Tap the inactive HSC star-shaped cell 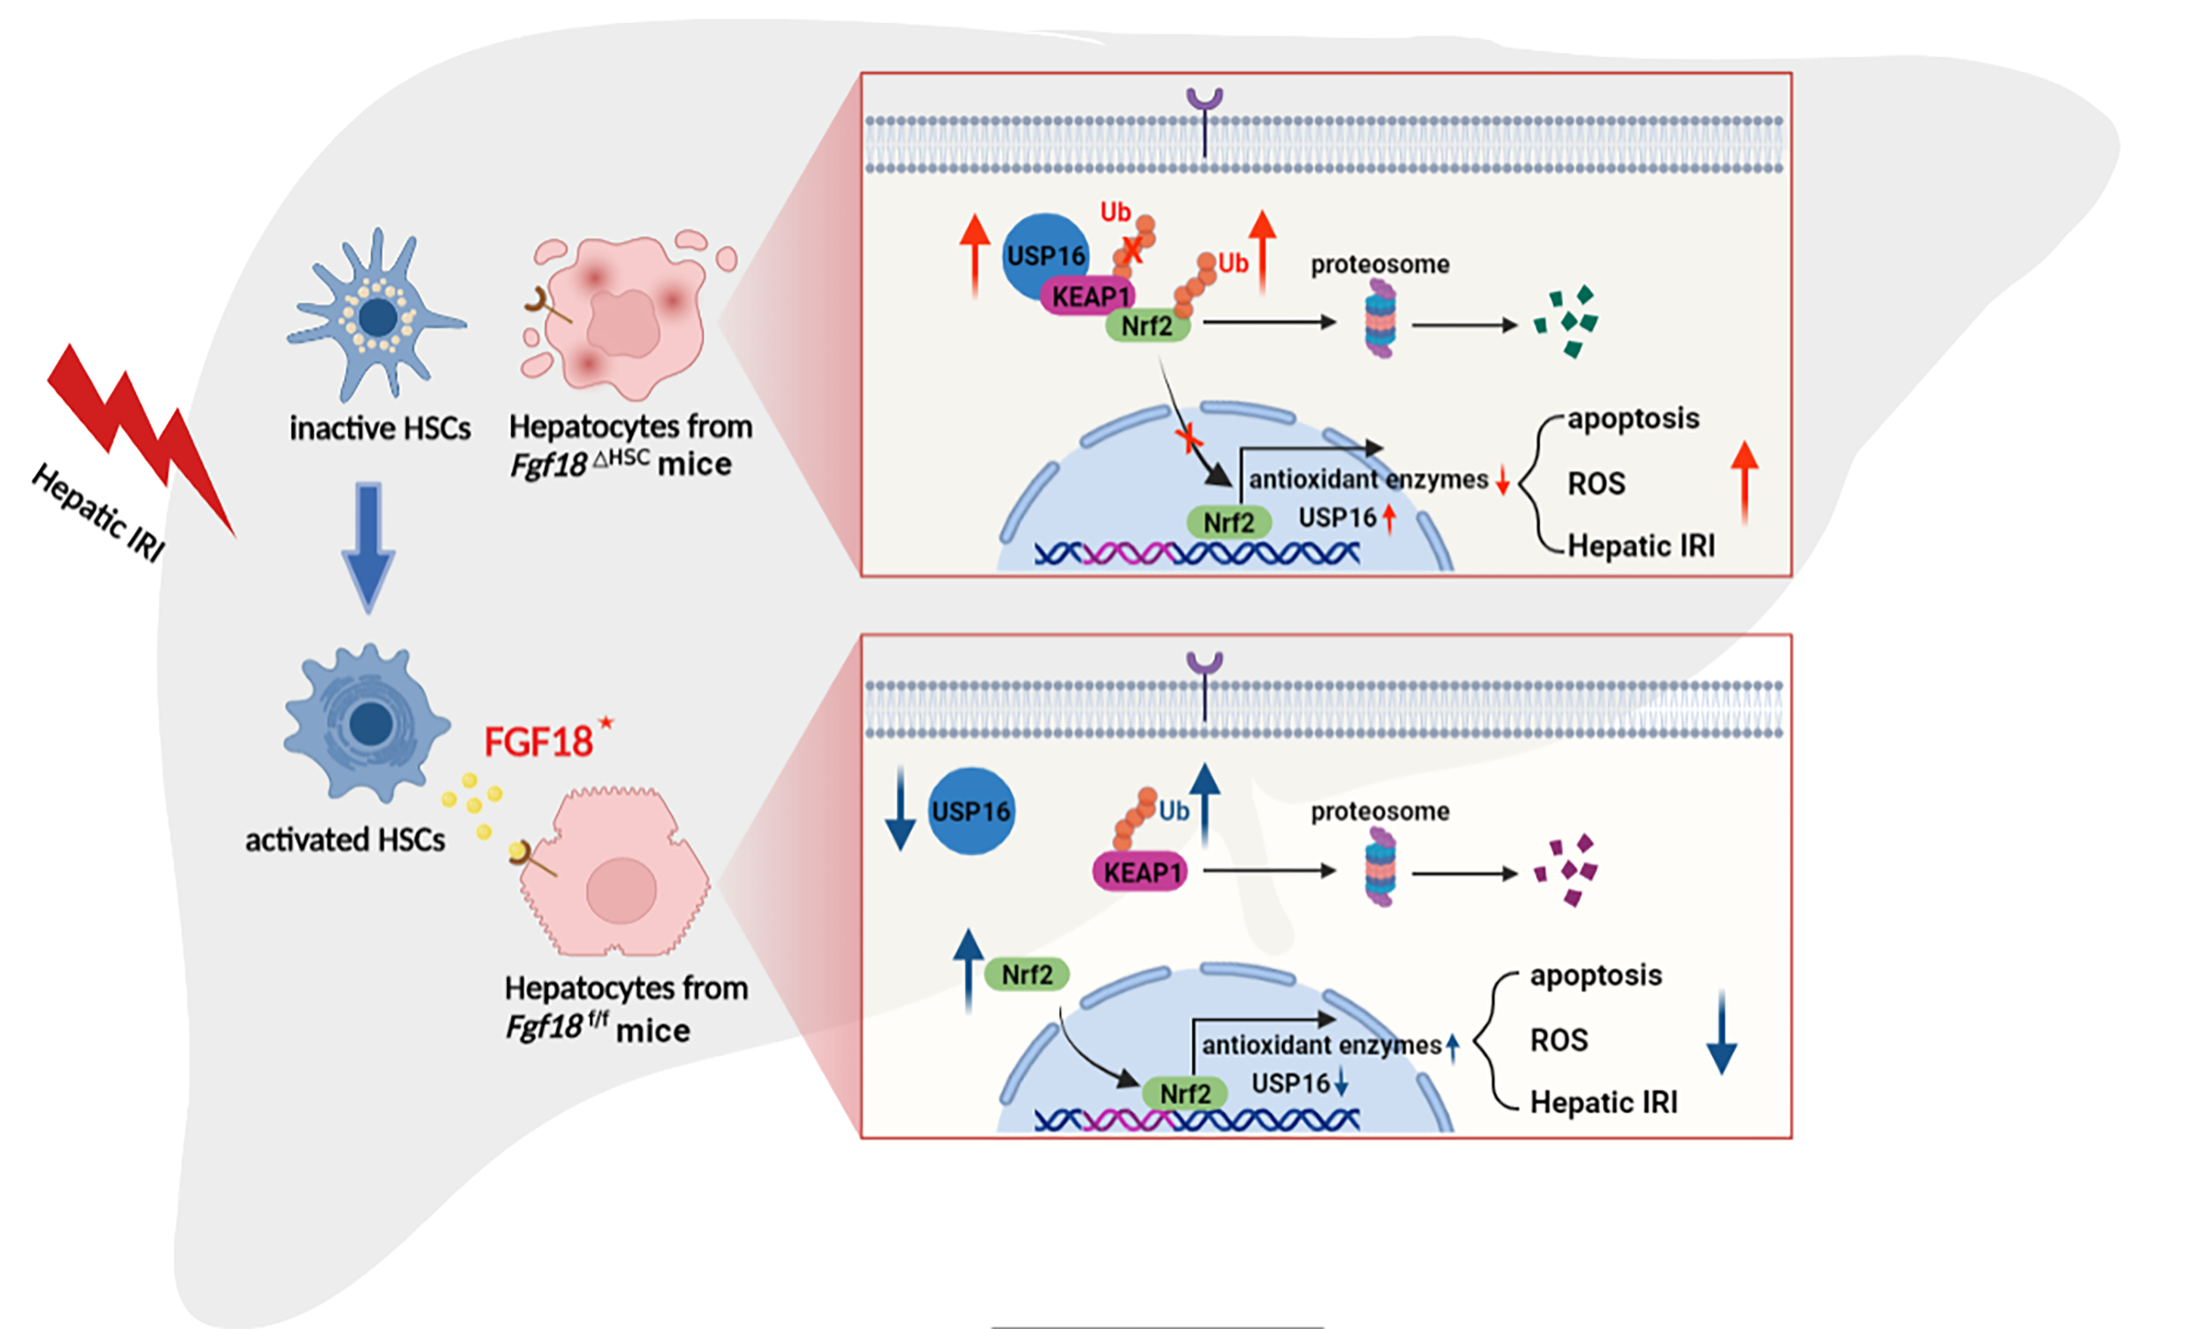pyautogui.click(x=378, y=315)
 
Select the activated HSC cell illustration pyautogui.click(x=367, y=722)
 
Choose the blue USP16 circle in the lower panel pyautogui.click(x=971, y=811)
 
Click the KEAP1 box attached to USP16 pyautogui.click(x=1088, y=296)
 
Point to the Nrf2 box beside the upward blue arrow pyautogui.click(x=1027, y=975)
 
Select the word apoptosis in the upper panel pyautogui.click(x=1632, y=418)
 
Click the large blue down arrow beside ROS pyautogui.click(x=1722, y=1032)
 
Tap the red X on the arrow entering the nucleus pyautogui.click(x=1188, y=437)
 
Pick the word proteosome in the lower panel pyautogui.click(x=1380, y=811)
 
